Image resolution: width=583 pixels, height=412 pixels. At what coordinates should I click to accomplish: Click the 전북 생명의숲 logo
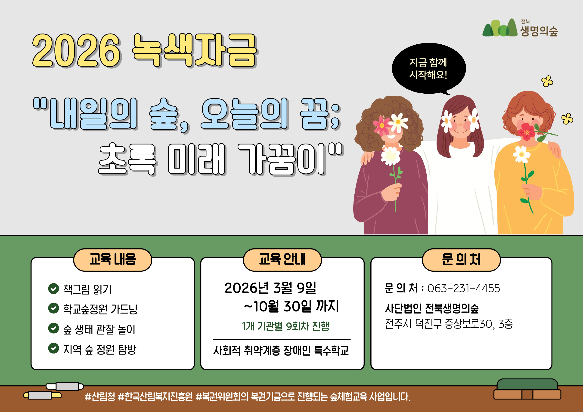coord(520,28)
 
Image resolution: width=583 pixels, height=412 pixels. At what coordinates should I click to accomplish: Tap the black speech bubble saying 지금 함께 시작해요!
coord(429,68)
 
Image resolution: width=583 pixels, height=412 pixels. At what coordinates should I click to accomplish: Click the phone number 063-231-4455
coord(464,289)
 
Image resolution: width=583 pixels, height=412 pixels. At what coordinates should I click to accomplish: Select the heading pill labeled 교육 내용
coord(113,260)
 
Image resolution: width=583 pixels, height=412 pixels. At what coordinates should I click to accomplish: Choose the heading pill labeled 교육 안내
coord(282,260)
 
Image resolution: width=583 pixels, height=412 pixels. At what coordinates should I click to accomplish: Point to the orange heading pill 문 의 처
coord(461,260)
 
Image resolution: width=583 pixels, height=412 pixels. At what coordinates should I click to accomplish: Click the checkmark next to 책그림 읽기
coord(54,289)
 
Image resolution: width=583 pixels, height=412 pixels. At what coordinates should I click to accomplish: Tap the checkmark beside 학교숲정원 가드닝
coord(54,308)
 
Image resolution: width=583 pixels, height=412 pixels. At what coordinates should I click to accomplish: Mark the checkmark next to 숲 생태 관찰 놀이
coord(54,328)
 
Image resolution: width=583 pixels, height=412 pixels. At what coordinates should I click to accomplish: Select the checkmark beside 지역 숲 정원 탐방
coord(54,348)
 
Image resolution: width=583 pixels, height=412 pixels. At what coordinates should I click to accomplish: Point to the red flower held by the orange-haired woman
coord(526,131)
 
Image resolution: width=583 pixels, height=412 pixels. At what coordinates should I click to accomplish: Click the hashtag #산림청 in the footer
coord(100,397)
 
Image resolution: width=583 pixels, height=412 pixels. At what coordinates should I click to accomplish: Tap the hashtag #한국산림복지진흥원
coord(155,397)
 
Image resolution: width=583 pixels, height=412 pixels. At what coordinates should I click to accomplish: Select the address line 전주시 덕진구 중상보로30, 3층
coord(449,324)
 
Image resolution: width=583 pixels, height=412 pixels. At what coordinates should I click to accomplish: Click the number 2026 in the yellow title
coord(76,51)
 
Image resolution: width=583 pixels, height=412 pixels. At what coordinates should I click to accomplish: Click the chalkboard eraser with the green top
coord(527,389)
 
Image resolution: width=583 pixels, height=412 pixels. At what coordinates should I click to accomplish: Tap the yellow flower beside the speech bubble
coord(547,81)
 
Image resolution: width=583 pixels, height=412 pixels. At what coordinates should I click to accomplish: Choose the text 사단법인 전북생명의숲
coord(432,308)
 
